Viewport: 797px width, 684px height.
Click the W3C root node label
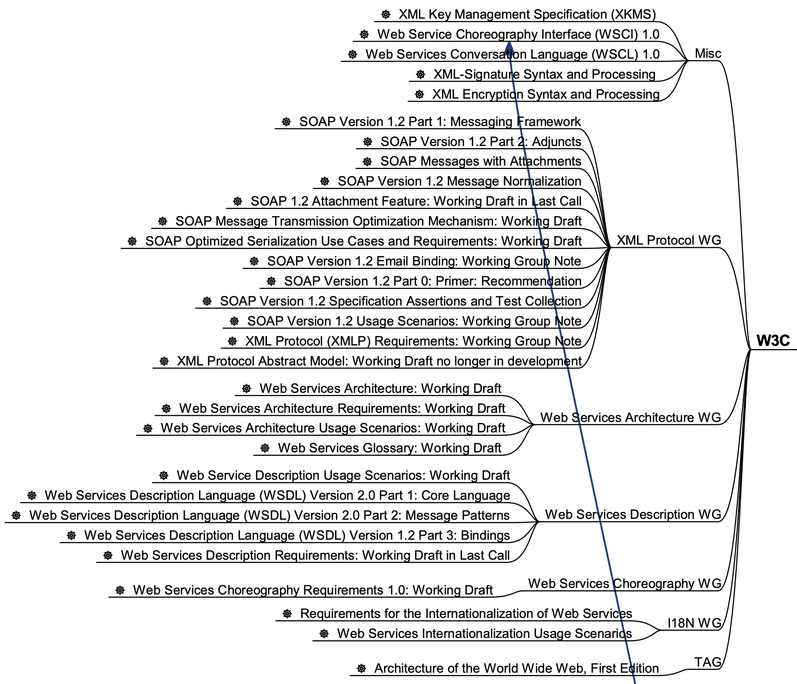(773, 341)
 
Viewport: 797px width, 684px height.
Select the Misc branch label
(708, 54)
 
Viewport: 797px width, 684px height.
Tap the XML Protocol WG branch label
(668, 240)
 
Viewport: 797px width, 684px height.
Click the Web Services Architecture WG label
(630, 418)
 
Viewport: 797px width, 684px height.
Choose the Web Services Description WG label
(633, 515)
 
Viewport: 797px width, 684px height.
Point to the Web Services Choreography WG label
(624, 584)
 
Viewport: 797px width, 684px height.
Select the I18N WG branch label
(694, 623)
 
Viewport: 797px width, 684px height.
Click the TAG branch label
(707, 662)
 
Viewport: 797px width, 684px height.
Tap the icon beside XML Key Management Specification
(385, 15)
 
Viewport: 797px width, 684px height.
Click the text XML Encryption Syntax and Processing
(546, 94)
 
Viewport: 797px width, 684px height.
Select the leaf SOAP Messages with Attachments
(481, 161)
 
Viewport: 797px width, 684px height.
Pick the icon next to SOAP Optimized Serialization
(132, 241)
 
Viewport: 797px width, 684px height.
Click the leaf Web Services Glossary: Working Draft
(389, 448)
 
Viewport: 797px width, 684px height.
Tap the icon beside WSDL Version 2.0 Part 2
(16, 515)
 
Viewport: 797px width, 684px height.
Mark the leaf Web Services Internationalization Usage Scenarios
(484, 634)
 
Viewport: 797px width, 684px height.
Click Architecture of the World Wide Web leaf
(516, 668)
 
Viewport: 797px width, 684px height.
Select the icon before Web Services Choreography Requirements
(120, 590)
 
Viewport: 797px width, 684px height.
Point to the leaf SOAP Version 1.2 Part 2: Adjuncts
(481, 142)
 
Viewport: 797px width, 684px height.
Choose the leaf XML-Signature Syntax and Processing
(544, 74)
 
